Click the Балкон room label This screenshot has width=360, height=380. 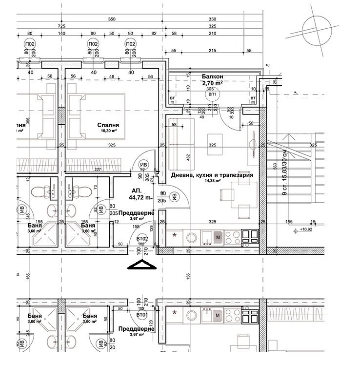(x=212, y=76)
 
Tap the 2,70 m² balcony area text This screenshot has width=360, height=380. (x=212, y=83)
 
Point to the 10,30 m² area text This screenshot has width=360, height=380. (x=108, y=131)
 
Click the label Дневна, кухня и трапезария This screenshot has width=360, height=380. (x=212, y=175)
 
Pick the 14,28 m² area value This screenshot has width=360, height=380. (x=212, y=181)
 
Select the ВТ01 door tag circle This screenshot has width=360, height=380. (x=142, y=315)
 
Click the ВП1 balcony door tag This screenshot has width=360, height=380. (x=212, y=95)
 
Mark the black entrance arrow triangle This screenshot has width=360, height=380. (x=140, y=265)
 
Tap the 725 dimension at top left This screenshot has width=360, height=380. (x=61, y=25)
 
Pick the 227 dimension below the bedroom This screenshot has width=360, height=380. (x=98, y=170)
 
